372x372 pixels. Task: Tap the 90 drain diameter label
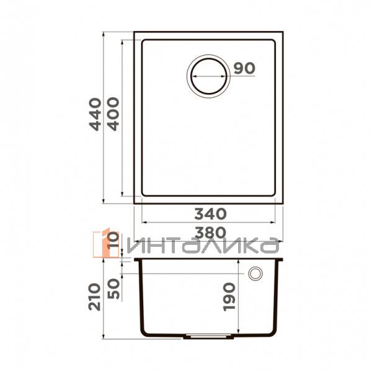click(245, 68)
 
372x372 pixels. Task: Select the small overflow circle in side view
click(255, 274)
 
